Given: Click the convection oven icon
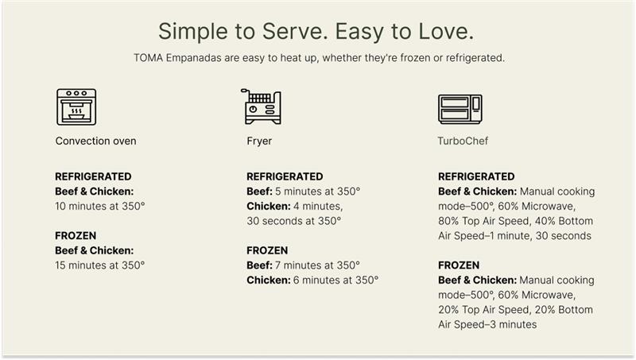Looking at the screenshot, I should point(76,106).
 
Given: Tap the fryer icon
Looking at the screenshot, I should point(261,106).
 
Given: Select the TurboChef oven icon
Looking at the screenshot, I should point(460,108).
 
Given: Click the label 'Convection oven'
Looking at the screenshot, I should point(95,141).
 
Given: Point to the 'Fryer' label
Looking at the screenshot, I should point(259,141).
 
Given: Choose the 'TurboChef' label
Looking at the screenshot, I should point(463,141).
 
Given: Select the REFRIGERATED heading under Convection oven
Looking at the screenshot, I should point(93,176).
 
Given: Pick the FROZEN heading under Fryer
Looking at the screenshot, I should point(267,250).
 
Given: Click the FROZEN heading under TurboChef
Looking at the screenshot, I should point(459,265).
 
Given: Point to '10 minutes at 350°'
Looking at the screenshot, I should point(99,207).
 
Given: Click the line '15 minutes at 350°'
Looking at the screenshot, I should point(99,265).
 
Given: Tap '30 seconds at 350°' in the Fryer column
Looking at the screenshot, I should point(293,221).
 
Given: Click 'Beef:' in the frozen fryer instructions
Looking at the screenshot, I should point(260,265).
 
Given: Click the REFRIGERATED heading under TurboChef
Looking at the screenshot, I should point(476,176).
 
